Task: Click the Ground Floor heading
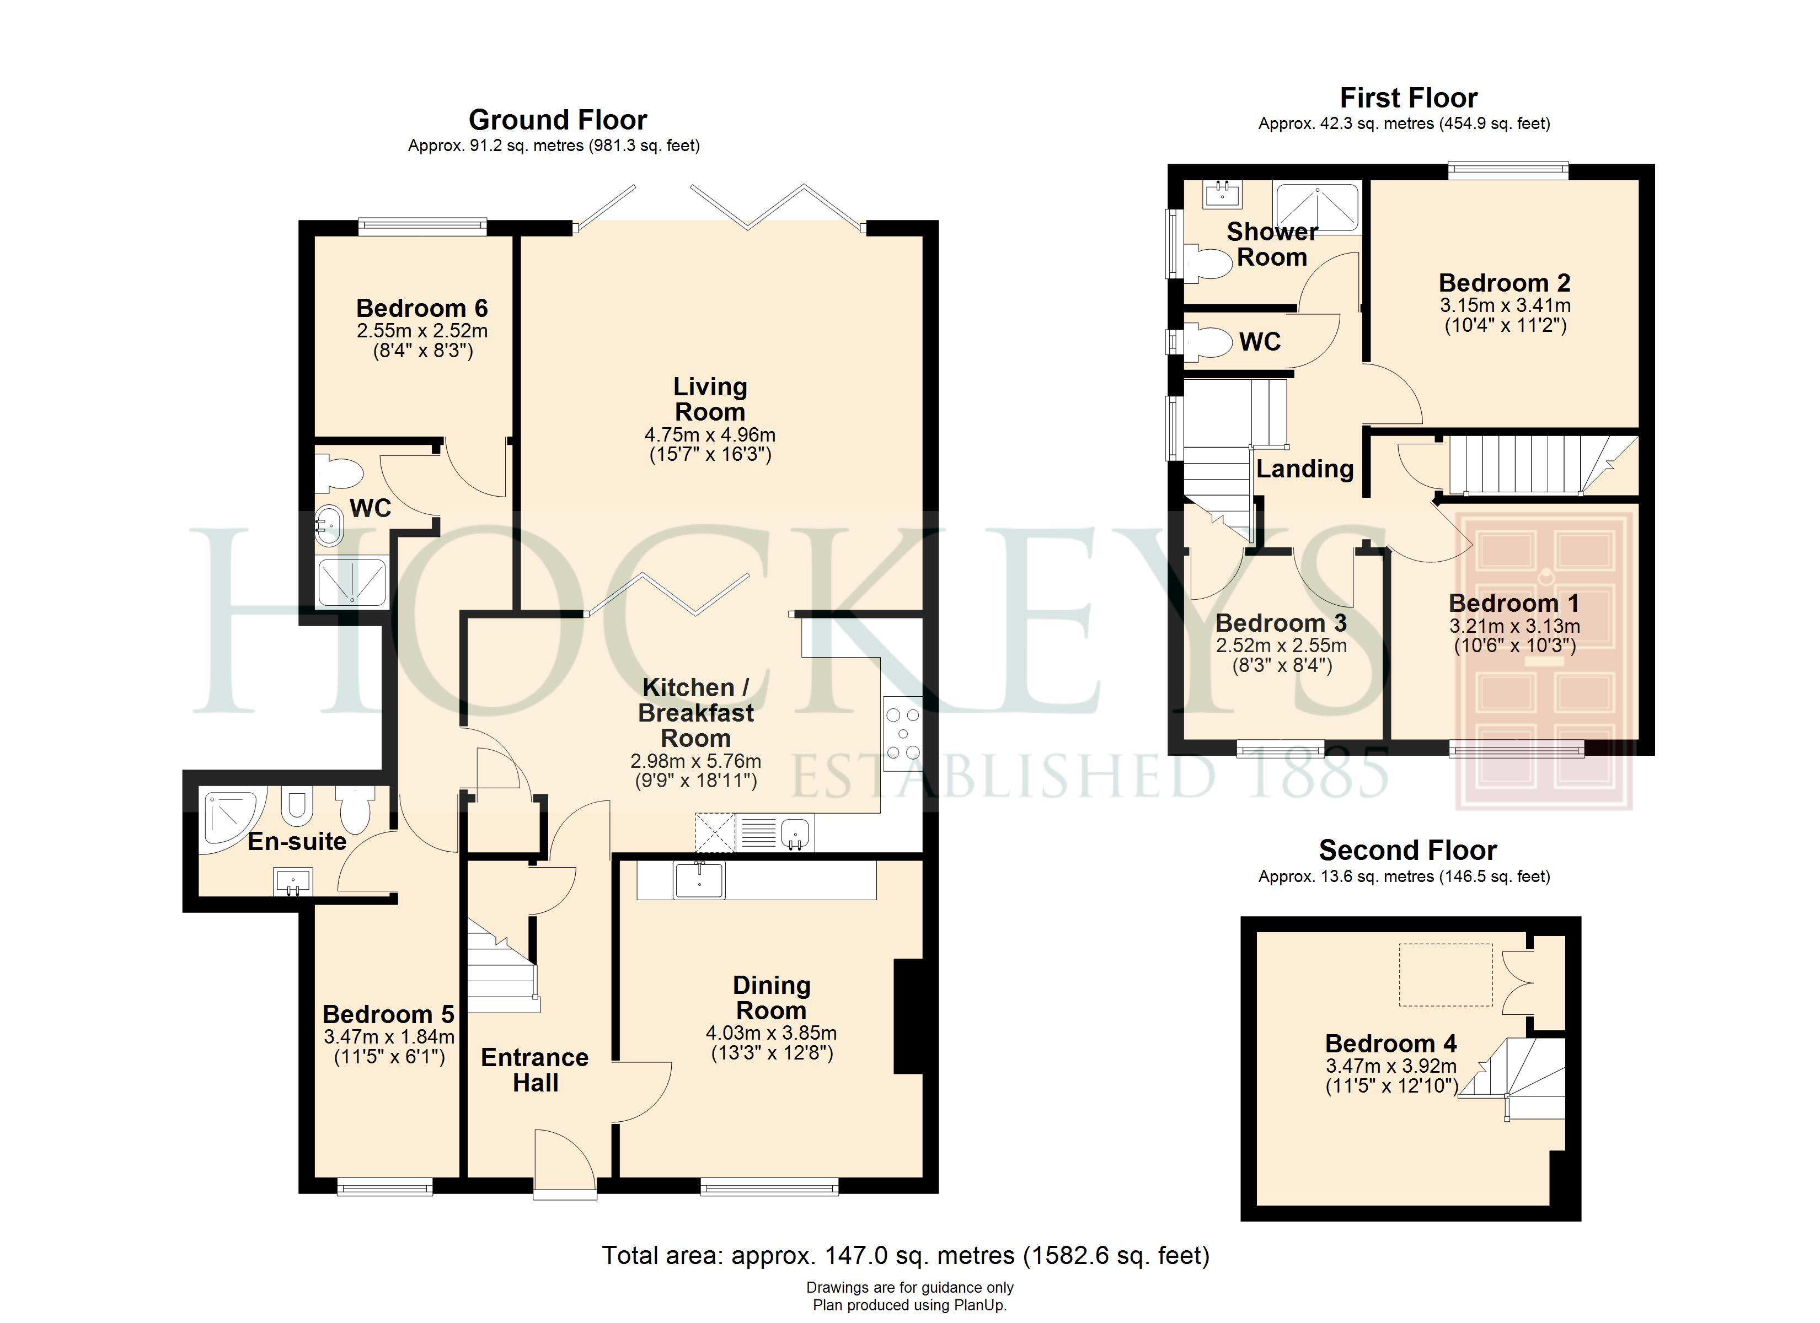tap(558, 120)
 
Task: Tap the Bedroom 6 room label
tap(422, 308)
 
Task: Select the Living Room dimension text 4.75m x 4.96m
tap(710, 435)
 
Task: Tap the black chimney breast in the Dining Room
tap(909, 1016)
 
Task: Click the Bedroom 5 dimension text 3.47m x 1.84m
tap(389, 1036)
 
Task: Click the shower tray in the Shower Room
tap(1318, 208)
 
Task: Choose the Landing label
tap(1305, 469)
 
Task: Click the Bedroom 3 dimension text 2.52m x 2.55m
tap(1282, 645)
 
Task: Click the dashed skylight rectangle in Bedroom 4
tap(1446, 975)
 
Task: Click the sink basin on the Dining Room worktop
tap(700, 880)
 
